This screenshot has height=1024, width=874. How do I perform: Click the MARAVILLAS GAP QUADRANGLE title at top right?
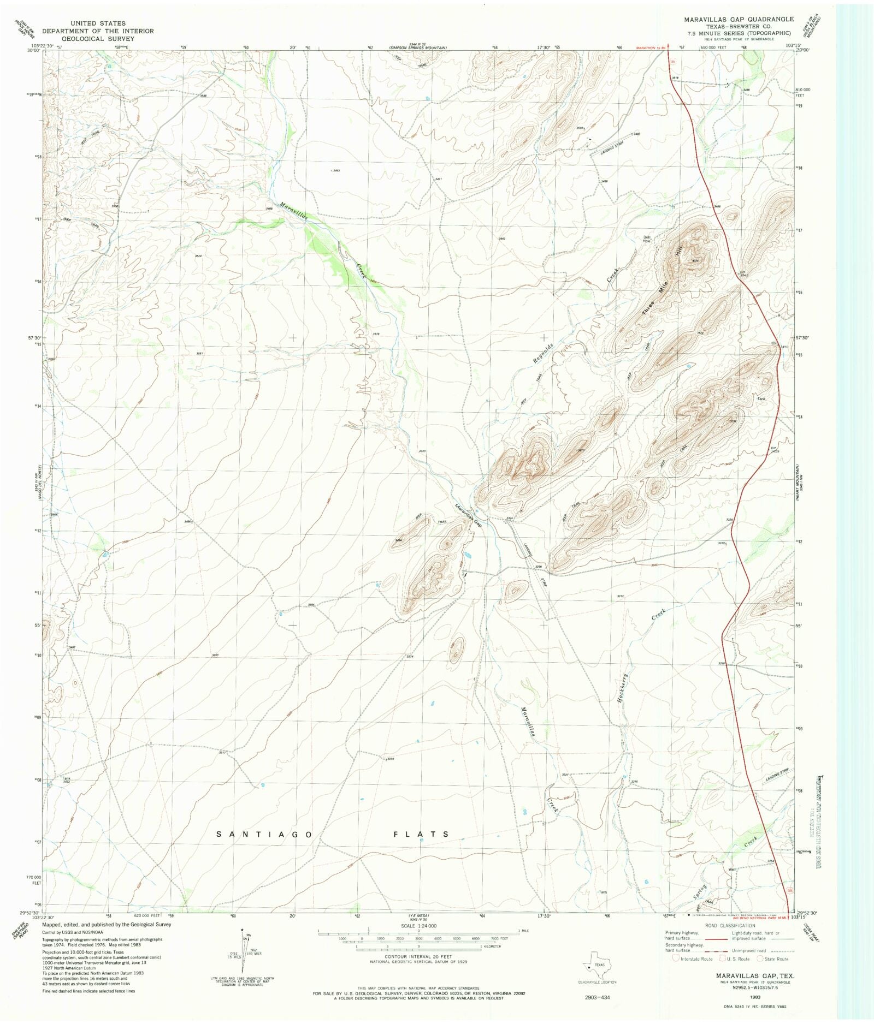tap(739, 19)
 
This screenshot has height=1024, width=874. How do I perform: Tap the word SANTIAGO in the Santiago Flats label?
tap(264, 834)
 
